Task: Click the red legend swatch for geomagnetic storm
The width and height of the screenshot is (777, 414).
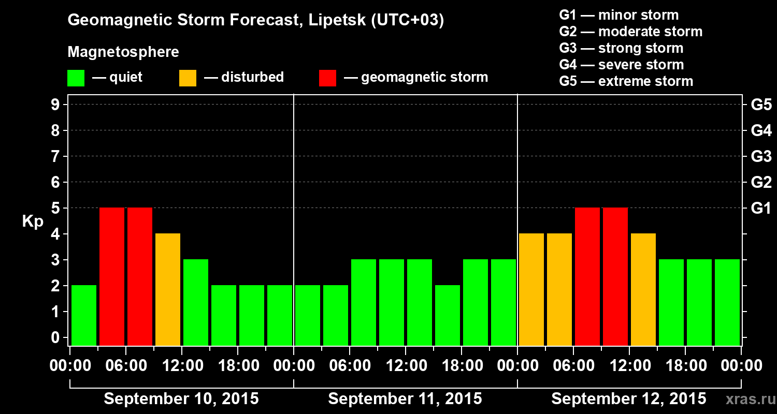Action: tap(328, 78)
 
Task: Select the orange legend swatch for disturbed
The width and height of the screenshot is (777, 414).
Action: tap(188, 78)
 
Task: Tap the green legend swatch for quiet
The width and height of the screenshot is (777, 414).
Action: tap(76, 78)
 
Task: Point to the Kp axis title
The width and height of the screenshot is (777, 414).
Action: tap(33, 221)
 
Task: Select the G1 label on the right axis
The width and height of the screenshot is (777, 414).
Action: tap(761, 209)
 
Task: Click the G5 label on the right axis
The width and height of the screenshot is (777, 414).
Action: tap(761, 105)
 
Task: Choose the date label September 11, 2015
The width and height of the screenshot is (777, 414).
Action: tap(405, 399)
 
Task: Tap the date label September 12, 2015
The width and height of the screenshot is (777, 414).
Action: tap(628, 399)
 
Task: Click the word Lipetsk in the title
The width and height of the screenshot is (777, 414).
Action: tap(337, 20)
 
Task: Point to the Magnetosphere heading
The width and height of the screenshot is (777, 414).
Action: tap(123, 52)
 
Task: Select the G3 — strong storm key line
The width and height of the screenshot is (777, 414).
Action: tap(621, 48)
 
